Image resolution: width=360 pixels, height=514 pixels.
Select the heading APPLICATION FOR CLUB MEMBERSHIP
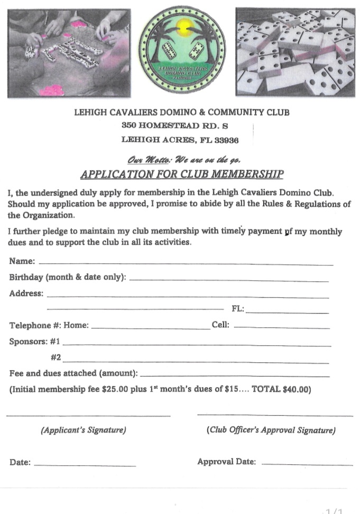[182, 174]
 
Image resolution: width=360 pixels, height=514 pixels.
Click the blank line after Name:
[186, 263]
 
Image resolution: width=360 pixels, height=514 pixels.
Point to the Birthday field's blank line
[229, 280]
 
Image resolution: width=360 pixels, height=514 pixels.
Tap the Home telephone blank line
[151, 328]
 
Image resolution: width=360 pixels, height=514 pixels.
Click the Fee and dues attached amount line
[234, 376]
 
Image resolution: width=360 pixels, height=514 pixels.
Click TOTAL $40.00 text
[281, 390]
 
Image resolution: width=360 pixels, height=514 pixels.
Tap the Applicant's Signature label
[84, 430]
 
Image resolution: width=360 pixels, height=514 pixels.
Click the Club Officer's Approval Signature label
[271, 430]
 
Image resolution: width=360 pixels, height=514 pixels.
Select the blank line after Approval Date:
[307, 464]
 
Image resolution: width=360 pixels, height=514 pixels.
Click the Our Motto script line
[184, 159]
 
